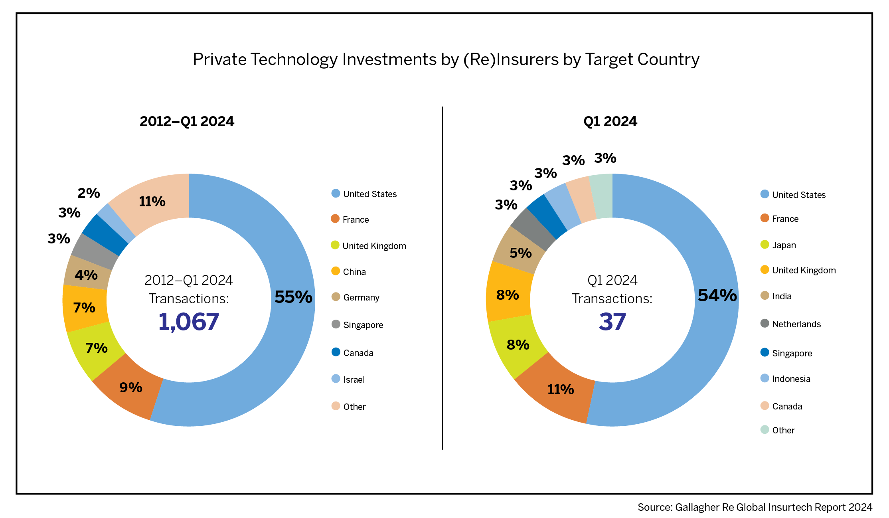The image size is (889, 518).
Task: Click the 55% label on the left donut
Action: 293,297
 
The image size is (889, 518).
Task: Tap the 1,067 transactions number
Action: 189,322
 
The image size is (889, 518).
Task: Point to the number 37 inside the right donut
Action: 612,322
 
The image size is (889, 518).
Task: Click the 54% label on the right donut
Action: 717,296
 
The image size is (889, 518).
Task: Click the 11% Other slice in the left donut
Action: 152,202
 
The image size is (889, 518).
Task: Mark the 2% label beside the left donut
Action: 89,193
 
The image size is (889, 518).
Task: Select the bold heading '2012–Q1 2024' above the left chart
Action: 187,121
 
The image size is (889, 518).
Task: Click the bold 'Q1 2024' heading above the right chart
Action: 610,121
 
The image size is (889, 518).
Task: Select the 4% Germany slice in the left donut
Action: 86,275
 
